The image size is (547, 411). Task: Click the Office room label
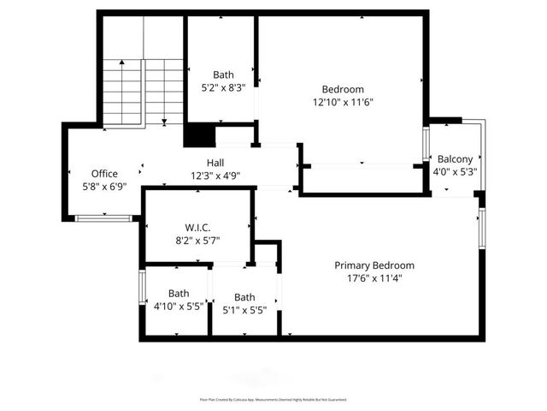point(104,174)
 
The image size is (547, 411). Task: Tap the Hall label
point(215,163)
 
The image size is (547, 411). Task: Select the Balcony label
point(455,159)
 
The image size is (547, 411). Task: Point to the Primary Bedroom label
point(374,265)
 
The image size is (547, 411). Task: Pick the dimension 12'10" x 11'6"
point(343,102)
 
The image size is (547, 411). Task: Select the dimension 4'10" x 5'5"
point(179,306)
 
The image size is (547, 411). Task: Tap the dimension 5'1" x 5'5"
point(244,310)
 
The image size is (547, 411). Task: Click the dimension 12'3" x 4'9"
point(215,176)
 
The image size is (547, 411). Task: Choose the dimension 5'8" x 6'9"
point(104,186)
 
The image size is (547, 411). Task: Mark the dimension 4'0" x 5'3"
point(455,171)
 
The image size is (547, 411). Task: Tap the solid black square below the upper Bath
point(199,136)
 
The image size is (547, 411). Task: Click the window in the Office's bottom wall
point(103,219)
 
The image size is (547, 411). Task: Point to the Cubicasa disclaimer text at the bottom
point(273,399)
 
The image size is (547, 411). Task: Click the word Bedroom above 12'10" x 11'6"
point(343,89)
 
